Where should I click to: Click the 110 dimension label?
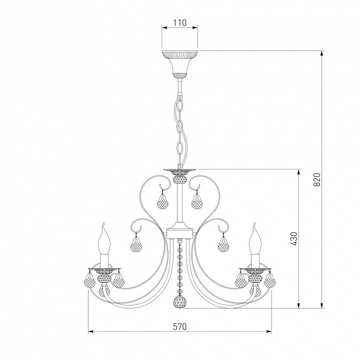click(180, 22)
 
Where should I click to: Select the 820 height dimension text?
click(316, 179)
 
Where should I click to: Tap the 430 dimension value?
click(293, 239)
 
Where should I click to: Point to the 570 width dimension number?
click(180, 326)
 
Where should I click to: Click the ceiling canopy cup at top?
click(180, 64)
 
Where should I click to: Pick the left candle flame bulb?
click(104, 239)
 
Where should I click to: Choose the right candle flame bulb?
click(255, 239)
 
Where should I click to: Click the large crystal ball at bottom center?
click(180, 301)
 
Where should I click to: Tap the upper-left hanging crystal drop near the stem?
click(163, 200)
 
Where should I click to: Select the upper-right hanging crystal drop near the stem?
click(197, 200)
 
